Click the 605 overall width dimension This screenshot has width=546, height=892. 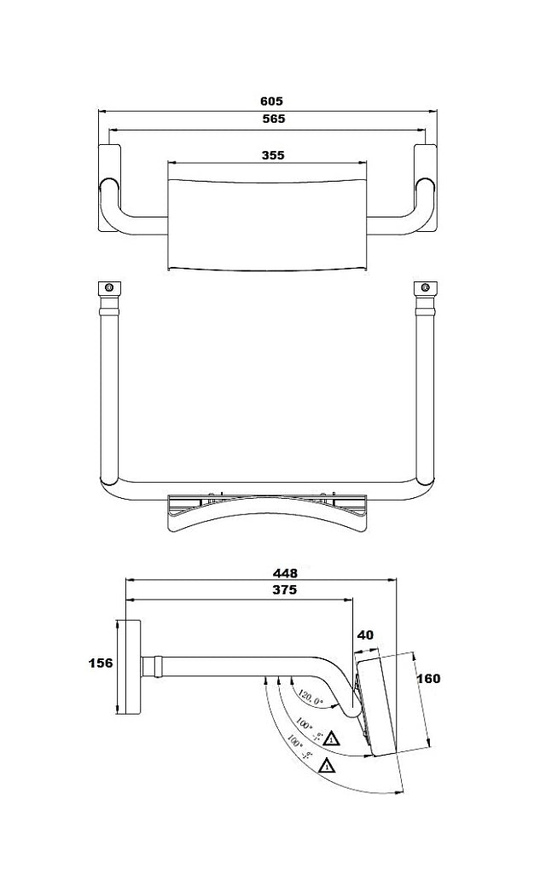(x=272, y=101)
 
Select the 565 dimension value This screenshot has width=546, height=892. (x=272, y=120)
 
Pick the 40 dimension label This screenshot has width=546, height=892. (x=365, y=635)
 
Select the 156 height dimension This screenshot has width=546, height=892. (x=101, y=663)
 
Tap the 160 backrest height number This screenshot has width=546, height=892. (x=428, y=678)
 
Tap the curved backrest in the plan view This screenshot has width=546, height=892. (x=268, y=517)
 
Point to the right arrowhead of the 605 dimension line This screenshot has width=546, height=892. (x=433, y=110)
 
